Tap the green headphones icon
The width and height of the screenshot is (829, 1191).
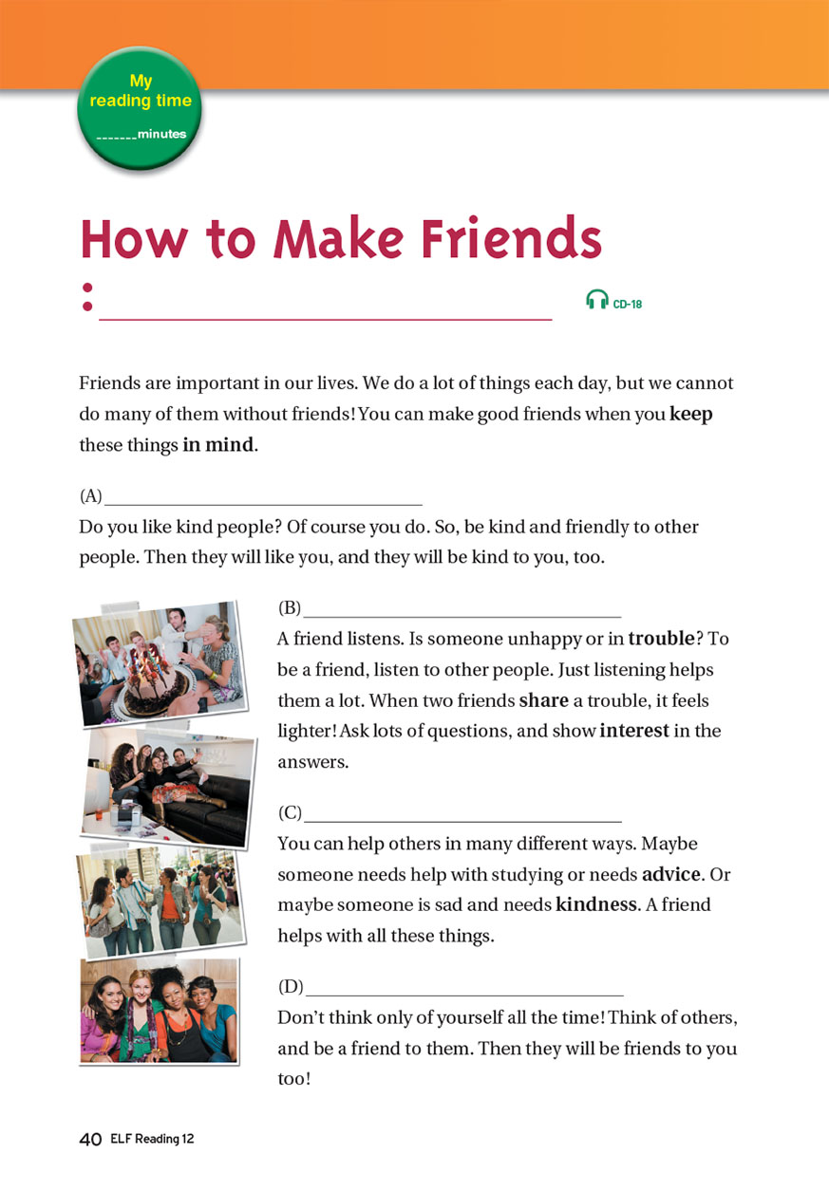pyautogui.click(x=597, y=299)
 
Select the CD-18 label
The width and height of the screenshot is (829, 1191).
pyautogui.click(x=628, y=304)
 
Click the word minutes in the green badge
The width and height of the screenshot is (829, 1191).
pyautogui.click(x=161, y=134)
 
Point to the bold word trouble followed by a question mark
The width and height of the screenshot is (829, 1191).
pyautogui.click(x=661, y=638)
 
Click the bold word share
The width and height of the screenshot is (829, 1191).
pyautogui.click(x=544, y=700)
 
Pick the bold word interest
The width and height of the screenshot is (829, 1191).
pyautogui.click(x=634, y=731)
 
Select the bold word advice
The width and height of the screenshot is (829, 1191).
pyautogui.click(x=671, y=874)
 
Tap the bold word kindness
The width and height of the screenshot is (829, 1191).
pyautogui.click(x=596, y=904)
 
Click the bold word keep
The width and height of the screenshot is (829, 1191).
pyautogui.click(x=690, y=414)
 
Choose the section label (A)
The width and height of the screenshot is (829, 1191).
pyautogui.click(x=90, y=495)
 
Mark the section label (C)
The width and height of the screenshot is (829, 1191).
pyautogui.click(x=290, y=812)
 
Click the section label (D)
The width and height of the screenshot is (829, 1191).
pyautogui.click(x=291, y=986)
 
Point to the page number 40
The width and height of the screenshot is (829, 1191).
pyautogui.click(x=90, y=1139)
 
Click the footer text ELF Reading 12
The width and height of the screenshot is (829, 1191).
pyautogui.click(x=152, y=1139)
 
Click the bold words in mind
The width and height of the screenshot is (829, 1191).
pyautogui.click(x=218, y=444)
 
